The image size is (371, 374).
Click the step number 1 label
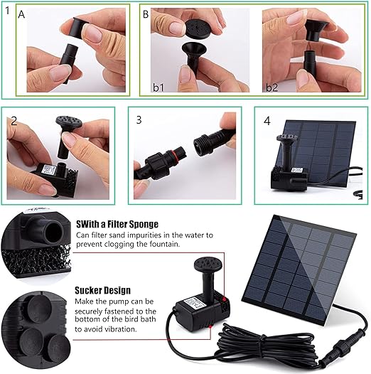point(7,11)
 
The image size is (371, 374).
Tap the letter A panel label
point(21,14)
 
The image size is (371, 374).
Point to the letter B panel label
point(146,14)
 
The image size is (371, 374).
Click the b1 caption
point(158,87)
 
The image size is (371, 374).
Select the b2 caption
point(271,87)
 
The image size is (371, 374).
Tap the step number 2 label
point(14,121)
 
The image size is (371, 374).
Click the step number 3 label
point(139,119)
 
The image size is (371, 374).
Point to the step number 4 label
point(267,121)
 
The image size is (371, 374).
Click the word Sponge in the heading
point(144,224)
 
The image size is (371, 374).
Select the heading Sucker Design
point(103,290)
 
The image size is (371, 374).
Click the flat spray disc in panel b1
point(198,28)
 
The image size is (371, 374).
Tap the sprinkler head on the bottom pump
point(209,265)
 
